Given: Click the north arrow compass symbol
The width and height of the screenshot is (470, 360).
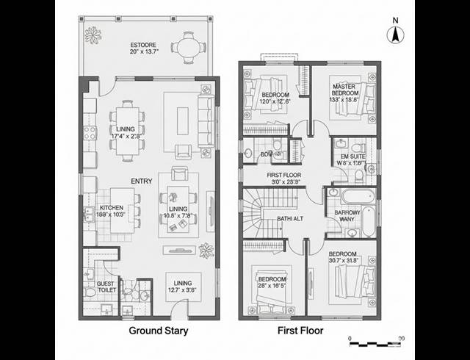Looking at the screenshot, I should (395, 32).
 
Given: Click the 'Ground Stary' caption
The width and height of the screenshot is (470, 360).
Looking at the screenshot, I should (159, 331).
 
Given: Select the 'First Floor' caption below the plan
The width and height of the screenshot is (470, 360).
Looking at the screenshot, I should (300, 331).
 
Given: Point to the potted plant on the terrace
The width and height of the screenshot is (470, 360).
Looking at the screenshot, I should (93, 35).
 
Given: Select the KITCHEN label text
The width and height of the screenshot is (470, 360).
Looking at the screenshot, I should (112, 208).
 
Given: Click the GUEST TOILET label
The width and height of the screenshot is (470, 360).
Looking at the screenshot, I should (106, 287).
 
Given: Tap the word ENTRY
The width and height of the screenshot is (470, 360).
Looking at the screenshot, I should (141, 181).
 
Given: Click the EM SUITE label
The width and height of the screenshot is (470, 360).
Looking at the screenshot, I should (351, 145).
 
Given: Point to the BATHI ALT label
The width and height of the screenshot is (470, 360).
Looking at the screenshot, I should (290, 219).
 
